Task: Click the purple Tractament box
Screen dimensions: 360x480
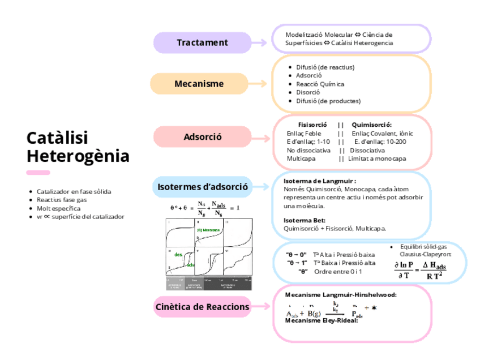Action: [202, 42]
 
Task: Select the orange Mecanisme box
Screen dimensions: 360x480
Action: [199, 84]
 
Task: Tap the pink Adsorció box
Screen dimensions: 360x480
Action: [202, 137]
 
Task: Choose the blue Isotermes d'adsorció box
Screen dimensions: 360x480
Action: [202, 186]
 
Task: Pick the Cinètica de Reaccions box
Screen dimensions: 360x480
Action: [202, 307]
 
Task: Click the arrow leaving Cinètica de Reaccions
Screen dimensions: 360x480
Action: [260, 307]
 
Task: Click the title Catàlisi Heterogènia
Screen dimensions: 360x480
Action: [78, 147]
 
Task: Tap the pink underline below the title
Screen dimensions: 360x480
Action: [38, 173]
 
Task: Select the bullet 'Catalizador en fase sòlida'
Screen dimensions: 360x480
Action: [74, 191]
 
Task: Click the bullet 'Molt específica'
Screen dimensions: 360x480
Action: [58, 208]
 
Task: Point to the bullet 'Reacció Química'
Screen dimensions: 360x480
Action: [320, 84]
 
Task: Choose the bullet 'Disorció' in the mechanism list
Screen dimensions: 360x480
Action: [308, 92]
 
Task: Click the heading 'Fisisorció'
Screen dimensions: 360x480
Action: [312, 125]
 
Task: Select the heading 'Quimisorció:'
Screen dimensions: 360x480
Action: [371, 125]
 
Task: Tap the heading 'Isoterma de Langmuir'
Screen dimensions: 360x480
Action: [319, 181]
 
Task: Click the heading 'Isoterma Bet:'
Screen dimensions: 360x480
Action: [304, 220]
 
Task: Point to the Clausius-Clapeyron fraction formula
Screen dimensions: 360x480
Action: [419, 270]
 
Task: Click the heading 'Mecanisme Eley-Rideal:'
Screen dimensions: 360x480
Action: [322, 320]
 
